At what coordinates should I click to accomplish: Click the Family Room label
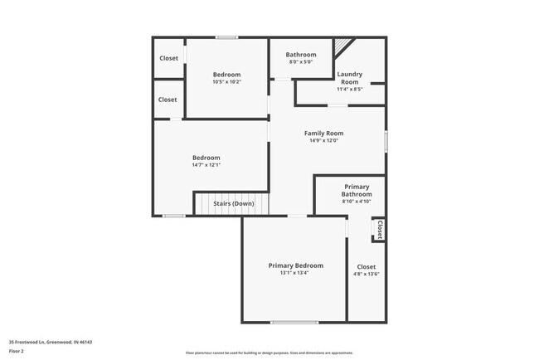(x=323, y=133)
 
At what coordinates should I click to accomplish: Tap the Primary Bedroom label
(x=295, y=265)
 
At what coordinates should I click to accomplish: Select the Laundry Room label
(x=349, y=78)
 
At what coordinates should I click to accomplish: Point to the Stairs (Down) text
(x=233, y=203)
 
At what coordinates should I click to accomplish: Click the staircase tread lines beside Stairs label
(x=263, y=203)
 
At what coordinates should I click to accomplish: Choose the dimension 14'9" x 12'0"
(x=323, y=140)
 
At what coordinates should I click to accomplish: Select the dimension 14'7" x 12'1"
(x=206, y=164)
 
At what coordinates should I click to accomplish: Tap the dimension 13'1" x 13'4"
(x=295, y=273)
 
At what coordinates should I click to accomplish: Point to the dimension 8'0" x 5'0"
(x=301, y=61)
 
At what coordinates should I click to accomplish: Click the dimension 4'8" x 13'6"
(x=366, y=274)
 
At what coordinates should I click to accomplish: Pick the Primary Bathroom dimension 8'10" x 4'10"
(x=357, y=201)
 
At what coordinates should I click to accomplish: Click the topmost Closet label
(x=168, y=58)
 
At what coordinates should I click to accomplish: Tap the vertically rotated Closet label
(x=380, y=229)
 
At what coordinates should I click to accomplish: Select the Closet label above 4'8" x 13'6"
(x=366, y=266)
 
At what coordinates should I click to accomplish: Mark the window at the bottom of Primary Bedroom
(x=294, y=322)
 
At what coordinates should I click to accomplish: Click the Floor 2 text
(x=17, y=351)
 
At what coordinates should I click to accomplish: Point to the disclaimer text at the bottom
(x=269, y=353)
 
